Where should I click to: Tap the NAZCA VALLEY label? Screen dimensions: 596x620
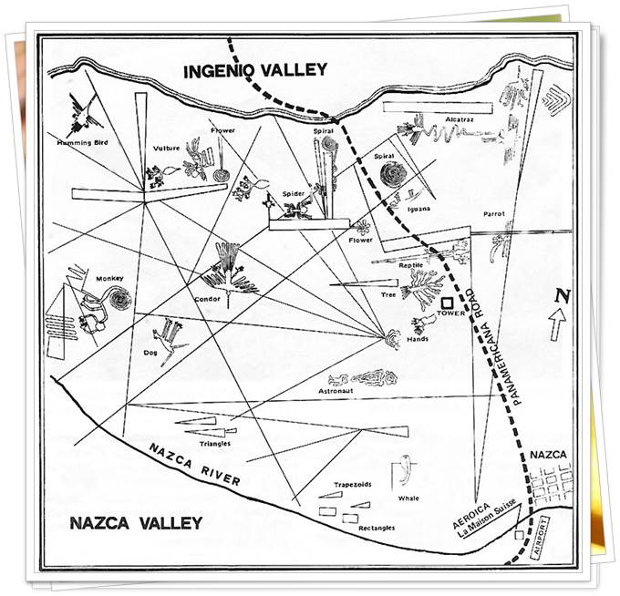[136, 523]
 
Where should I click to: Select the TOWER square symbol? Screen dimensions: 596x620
[448, 304]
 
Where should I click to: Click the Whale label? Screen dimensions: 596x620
[408, 498]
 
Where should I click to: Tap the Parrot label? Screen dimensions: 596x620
[495, 214]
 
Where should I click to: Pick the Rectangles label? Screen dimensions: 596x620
[377, 528]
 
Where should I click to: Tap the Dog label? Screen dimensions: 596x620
[151, 351]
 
